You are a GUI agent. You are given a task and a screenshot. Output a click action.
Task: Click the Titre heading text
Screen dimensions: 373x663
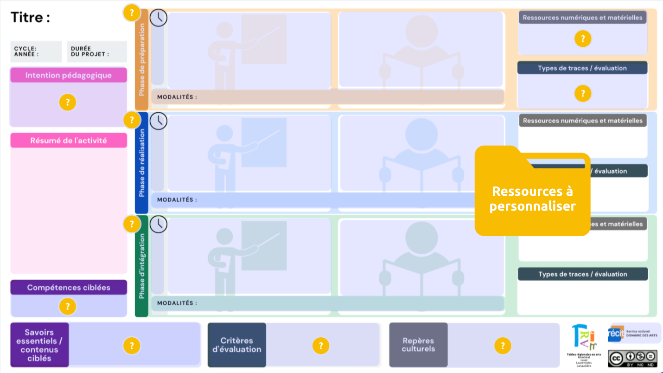[x=31, y=18]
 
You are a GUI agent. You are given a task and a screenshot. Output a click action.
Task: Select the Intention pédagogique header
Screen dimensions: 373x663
[x=69, y=75]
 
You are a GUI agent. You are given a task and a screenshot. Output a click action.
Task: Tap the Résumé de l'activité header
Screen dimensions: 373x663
[x=69, y=141]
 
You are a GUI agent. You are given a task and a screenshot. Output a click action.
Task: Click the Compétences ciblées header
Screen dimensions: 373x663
[x=69, y=288]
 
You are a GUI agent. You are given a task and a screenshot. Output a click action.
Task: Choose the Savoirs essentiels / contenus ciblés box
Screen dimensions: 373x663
[x=39, y=345]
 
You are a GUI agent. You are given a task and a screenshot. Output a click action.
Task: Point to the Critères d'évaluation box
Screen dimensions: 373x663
[x=237, y=345]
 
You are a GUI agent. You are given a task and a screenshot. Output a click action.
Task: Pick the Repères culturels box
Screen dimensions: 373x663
[x=418, y=345]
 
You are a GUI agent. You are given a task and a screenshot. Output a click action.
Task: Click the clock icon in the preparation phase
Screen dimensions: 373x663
[x=159, y=18]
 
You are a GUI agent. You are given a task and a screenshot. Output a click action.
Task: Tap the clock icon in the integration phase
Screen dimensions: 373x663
[x=159, y=224]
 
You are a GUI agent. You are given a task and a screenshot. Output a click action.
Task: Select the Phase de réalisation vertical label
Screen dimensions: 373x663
[x=141, y=163]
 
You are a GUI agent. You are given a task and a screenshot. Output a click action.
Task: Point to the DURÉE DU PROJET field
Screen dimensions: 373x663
[x=97, y=51]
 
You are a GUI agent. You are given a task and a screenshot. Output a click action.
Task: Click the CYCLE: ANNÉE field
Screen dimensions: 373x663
[x=36, y=51]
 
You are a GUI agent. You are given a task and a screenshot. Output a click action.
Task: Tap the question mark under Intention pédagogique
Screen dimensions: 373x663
[x=68, y=102]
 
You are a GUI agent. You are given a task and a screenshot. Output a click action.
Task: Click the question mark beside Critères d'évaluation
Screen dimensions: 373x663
[x=320, y=345]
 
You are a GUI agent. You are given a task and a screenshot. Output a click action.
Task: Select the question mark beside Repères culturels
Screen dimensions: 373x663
[x=503, y=345]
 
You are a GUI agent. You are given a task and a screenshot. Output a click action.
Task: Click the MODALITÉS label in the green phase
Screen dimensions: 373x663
[x=177, y=303]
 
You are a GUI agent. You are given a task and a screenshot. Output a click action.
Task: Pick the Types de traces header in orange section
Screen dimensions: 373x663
[x=582, y=68]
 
